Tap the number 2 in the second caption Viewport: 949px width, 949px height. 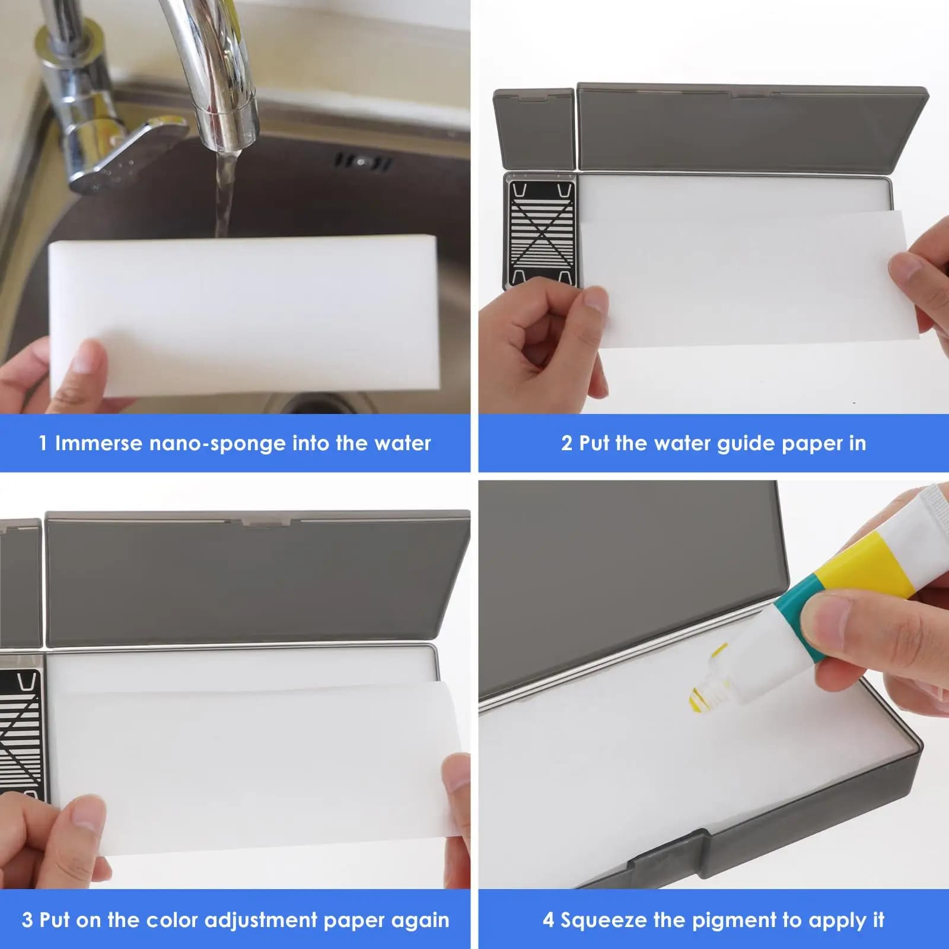coord(567,443)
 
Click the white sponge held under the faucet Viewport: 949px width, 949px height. coord(243,314)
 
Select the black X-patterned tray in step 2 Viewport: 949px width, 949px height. coord(541,232)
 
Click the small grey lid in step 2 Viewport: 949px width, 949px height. coord(534,129)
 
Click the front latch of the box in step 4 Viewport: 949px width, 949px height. coord(670,855)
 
